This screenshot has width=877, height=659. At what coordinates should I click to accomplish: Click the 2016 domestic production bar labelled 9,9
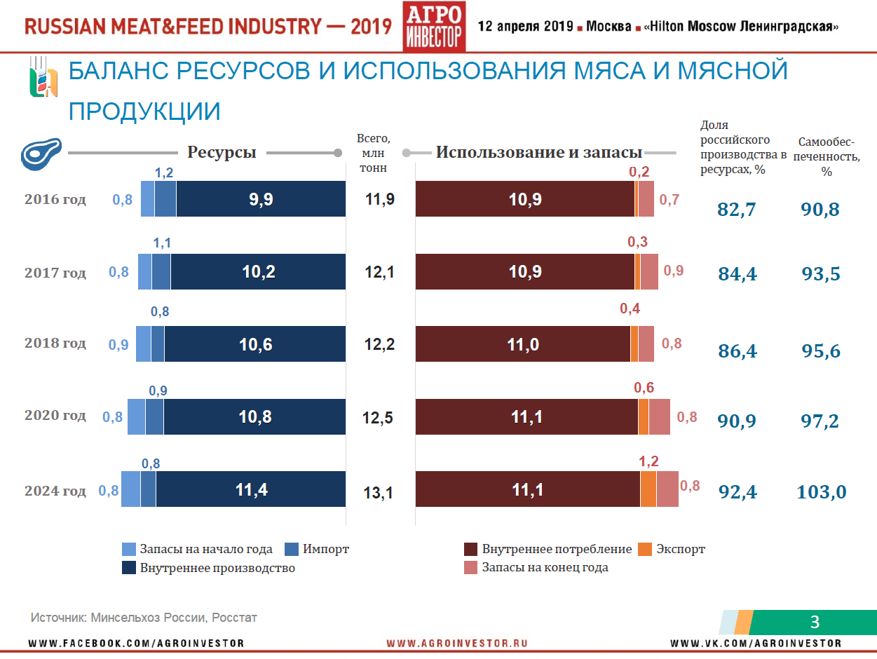coord(261,199)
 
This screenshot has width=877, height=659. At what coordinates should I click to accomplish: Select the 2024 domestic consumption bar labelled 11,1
coord(527,489)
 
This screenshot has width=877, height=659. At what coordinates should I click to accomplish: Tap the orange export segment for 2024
coord(648,489)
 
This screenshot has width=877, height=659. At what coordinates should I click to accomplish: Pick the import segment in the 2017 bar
coord(161,272)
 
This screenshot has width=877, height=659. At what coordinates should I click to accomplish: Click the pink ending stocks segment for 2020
coord(660,416)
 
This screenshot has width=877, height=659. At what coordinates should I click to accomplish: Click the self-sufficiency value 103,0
coord(822,491)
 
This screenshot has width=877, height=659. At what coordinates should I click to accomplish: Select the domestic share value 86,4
coord(737,351)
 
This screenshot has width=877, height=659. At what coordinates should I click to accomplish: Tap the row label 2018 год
coord(55,343)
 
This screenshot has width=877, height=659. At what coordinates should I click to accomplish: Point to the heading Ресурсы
coord(222,152)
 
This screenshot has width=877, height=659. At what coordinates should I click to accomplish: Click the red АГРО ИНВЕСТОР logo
coord(435,27)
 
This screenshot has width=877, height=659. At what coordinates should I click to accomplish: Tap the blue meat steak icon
coord(41,154)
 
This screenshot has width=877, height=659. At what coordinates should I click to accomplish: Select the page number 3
coord(815,621)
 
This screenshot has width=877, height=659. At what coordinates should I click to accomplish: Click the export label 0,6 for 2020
coord(644,388)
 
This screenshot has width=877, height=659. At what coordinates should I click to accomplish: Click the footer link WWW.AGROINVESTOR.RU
coord(456,643)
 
